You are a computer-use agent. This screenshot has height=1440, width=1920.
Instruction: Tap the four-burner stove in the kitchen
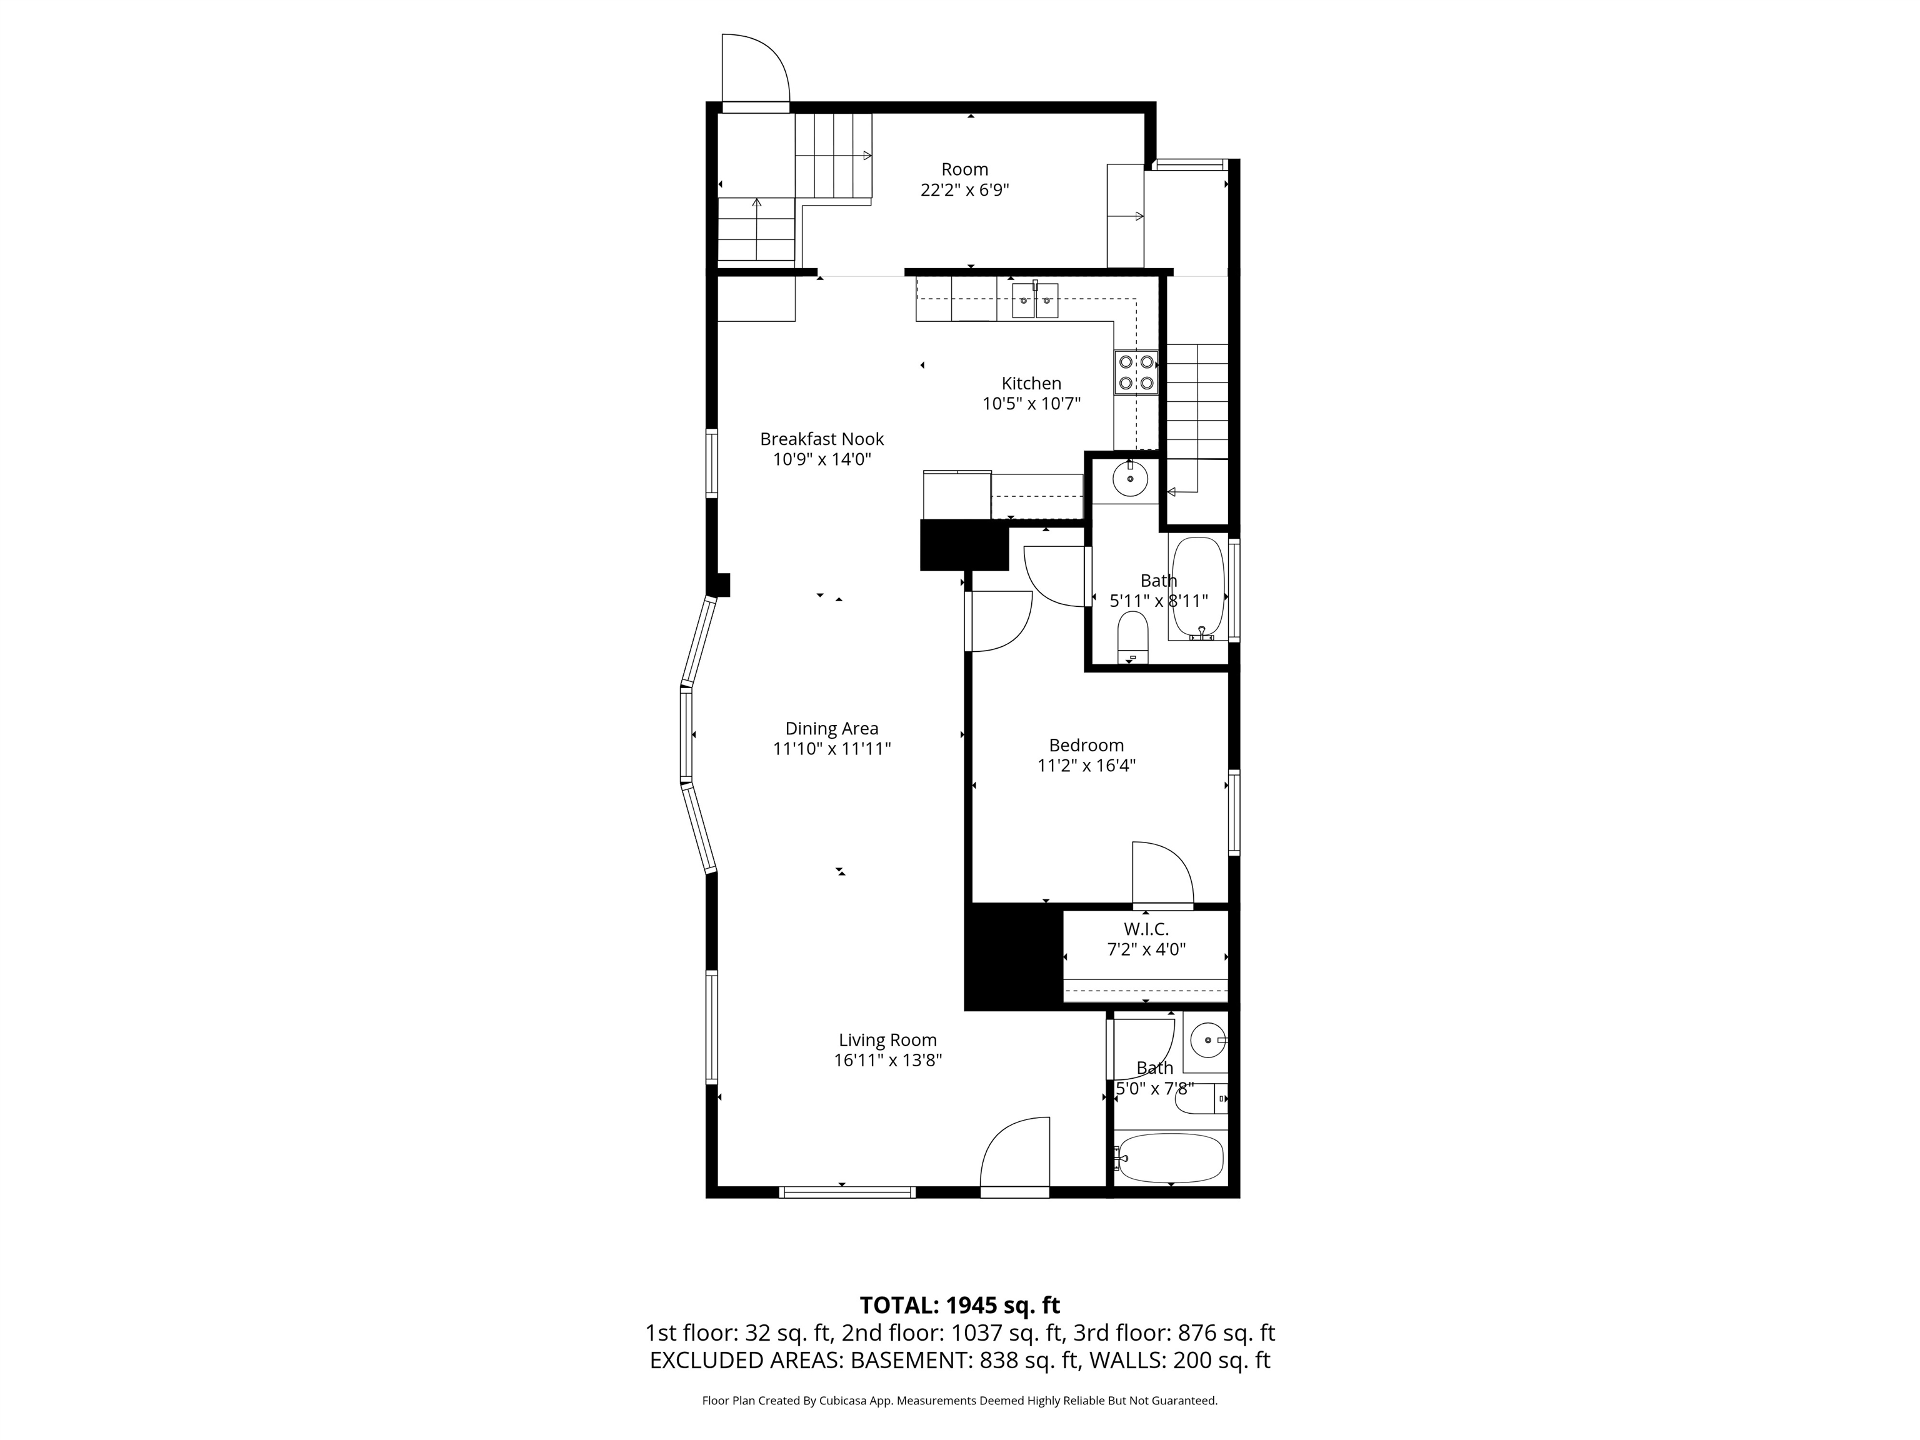click(x=1136, y=372)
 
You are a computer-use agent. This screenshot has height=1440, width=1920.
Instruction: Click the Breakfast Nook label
click(x=822, y=439)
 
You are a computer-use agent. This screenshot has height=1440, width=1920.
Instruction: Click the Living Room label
click(x=887, y=1040)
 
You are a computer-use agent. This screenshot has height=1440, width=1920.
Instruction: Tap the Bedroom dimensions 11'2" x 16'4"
click(x=1086, y=766)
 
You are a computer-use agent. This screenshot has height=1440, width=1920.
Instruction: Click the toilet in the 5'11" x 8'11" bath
click(x=1132, y=637)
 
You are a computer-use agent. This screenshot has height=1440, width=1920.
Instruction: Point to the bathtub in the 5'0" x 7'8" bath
click(x=1169, y=1158)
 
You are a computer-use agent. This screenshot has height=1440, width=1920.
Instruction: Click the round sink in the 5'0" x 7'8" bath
click(x=1205, y=1039)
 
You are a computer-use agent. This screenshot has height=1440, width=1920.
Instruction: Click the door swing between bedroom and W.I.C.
click(x=1163, y=875)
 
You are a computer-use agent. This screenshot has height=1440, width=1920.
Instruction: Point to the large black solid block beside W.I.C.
click(x=1014, y=957)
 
